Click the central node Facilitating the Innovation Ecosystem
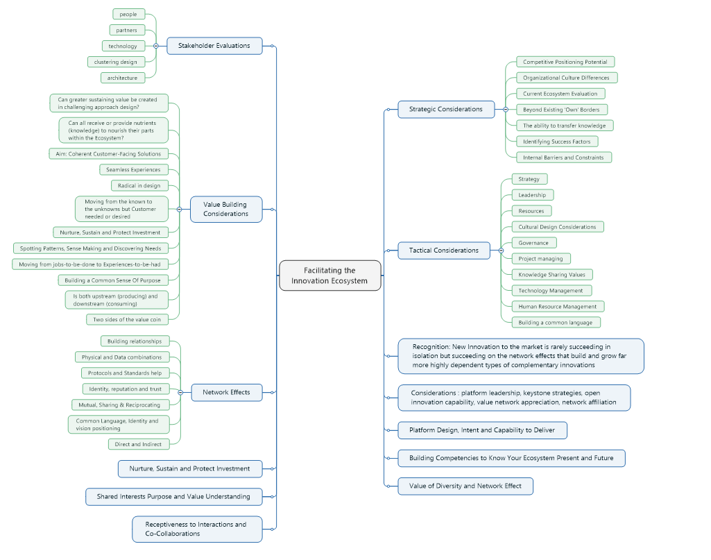tap(329, 275)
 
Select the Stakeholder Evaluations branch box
tap(214, 46)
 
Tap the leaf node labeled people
tap(128, 14)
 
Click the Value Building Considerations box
tap(226, 209)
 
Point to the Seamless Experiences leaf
tap(133, 169)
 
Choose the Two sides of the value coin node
tap(127, 319)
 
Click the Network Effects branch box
tap(226, 392)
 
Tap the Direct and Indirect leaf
tap(138, 444)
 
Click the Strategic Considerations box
tap(445, 109)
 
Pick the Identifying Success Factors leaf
tap(556, 142)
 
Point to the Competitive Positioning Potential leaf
tap(565, 62)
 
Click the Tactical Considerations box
tap(443, 251)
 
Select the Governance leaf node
tap(533, 243)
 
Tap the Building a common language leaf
tap(556, 323)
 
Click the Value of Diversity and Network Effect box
tap(465, 486)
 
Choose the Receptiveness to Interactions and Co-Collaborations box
tap(197, 529)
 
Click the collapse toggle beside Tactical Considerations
tap(501, 251)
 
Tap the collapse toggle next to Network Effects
tap(180, 392)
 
